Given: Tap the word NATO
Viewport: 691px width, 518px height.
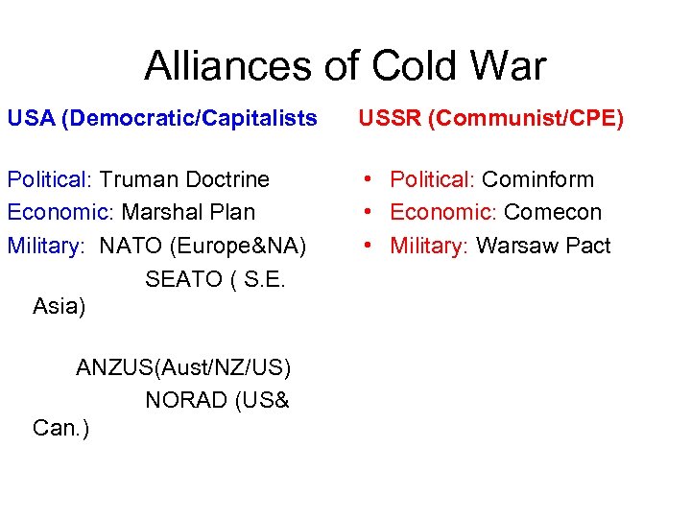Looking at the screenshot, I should click(x=131, y=246).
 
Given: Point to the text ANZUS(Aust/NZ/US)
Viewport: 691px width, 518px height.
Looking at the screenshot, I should click(x=183, y=367).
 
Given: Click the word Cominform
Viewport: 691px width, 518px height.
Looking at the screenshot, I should click(x=537, y=179).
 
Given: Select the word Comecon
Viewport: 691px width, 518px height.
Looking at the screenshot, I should click(x=553, y=212).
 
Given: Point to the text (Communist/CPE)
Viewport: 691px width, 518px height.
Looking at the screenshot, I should click(x=526, y=118).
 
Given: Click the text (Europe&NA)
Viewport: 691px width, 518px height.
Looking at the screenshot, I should click(x=238, y=246).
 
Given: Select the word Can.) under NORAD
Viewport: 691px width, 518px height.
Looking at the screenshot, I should click(x=60, y=428).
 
